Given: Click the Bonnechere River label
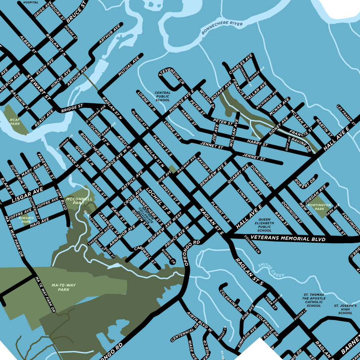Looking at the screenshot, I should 222,28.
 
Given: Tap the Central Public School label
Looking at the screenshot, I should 162,96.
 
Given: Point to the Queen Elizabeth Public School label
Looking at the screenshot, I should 264,225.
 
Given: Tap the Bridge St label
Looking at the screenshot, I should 72,108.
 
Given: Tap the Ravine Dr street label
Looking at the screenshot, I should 302,144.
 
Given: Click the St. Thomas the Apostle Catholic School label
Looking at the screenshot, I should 314,300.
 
